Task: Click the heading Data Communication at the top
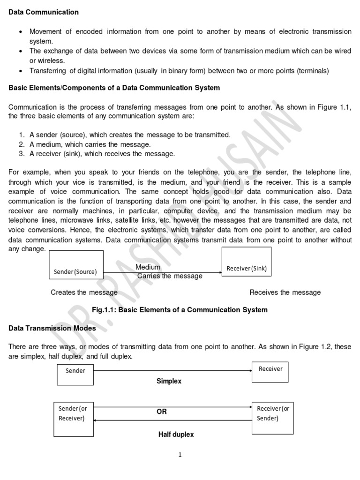pyautogui.click(x=44, y=12)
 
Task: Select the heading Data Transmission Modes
pyautogui.click(x=52, y=328)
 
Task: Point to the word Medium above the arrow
pyautogui.click(x=148, y=267)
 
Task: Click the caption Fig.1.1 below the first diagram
pyautogui.click(x=180, y=310)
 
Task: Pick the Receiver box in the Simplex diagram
pyautogui.click(x=270, y=372)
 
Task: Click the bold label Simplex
pyautogui.click(x=169, y=382)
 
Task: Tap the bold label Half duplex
pyautogui.click(x=176, y=435)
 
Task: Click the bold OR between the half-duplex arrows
pyautogui.click(x=161, y=412)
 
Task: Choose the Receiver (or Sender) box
pyautogui.click(x=273, y=417)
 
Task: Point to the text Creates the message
pyautogui.click(x=84, y=292)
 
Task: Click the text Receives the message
pyautogui.click(x=285, y=292)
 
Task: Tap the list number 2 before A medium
pyautogui.click(x=22, y=144)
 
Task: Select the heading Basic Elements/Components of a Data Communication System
pyautogui.click(x=114, y=88)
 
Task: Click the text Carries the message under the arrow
pyautogui.click(x=170, y=276)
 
